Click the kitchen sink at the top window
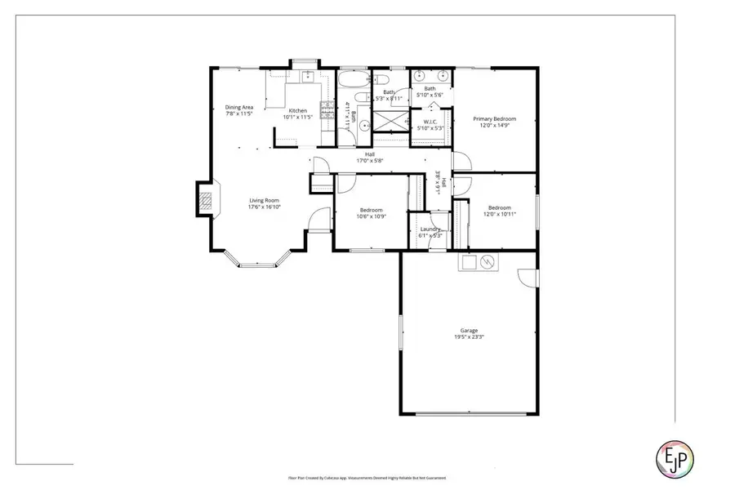[309, 77]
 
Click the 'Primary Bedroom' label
[496, 119]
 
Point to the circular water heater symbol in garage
[487, 262]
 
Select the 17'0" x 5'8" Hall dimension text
[369, 161]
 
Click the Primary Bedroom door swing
[462, 161]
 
